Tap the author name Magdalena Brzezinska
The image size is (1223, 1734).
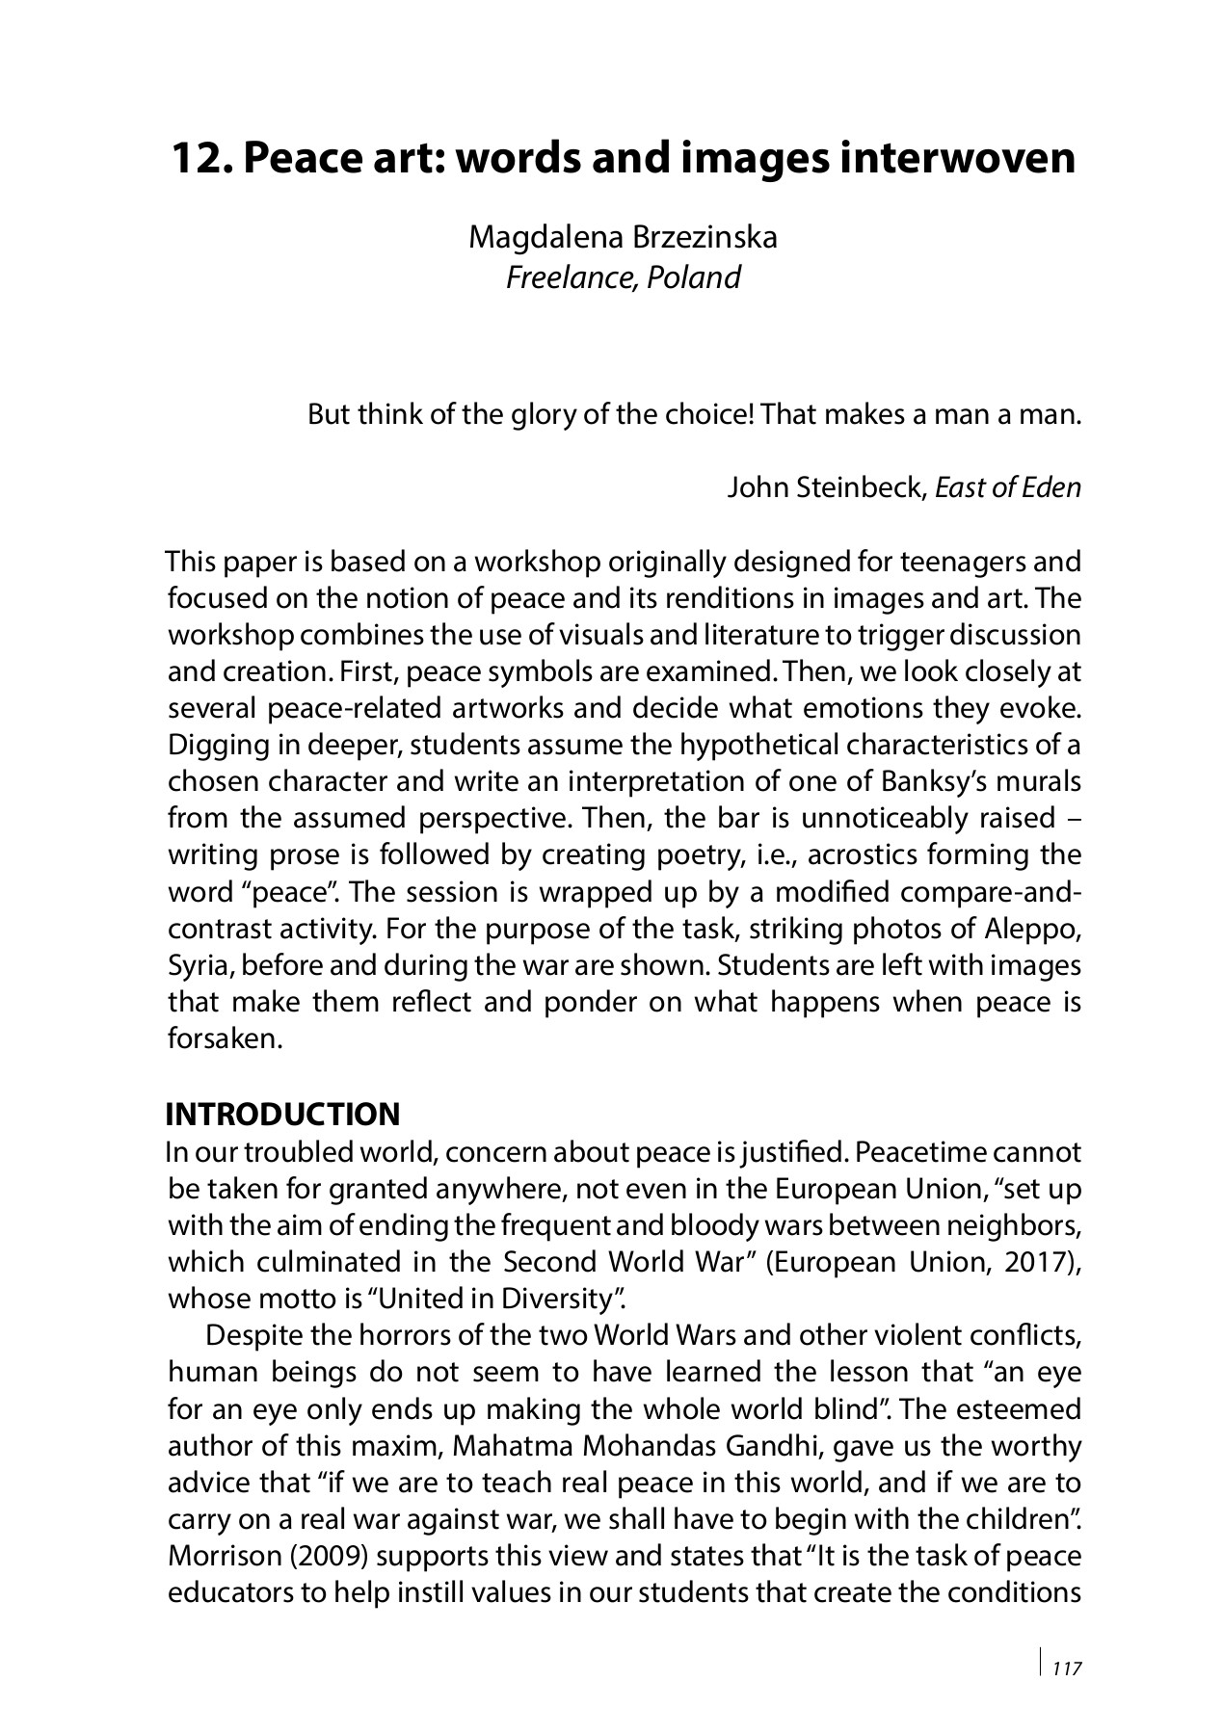623,237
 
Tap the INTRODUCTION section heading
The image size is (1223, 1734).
282,1115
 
